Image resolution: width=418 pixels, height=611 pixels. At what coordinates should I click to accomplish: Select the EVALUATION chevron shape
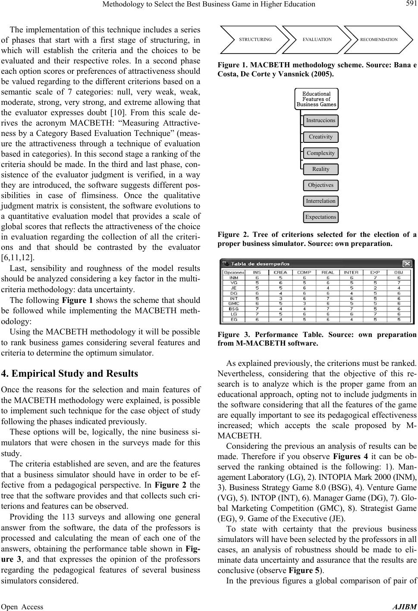click(317, 39)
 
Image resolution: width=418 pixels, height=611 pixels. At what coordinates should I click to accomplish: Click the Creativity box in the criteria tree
click(321, 137)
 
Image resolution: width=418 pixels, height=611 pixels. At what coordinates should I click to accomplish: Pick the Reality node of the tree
click(321, 169)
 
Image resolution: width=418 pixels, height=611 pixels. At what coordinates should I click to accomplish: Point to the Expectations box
click(321, 217)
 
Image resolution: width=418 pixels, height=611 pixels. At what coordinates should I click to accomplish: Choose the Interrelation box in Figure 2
click(321, 201)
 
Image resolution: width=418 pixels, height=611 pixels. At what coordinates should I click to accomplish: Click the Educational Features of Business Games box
click(317, 99)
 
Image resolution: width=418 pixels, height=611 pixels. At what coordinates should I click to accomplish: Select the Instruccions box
click(321, 120)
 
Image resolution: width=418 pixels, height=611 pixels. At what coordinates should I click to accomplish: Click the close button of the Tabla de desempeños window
click(406, 264)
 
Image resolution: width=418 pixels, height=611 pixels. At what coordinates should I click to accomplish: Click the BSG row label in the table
click(233, 309)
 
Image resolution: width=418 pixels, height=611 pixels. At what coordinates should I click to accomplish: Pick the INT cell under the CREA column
click(280, 298)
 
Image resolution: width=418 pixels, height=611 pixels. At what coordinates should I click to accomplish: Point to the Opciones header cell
click(233, 272)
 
